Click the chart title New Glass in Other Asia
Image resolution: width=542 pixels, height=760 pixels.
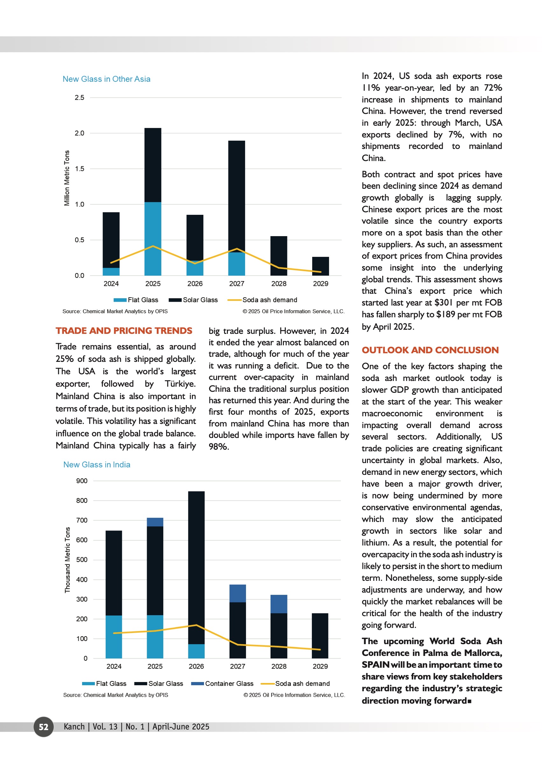(x=107, y=79)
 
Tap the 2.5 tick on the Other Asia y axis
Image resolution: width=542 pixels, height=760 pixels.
(x=80, y=98)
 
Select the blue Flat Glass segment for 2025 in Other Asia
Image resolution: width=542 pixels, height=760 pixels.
(x=153, y=239)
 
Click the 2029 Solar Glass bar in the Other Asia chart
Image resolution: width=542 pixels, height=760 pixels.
(x=320, y=266)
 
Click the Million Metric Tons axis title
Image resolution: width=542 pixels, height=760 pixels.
(x=67, y=178)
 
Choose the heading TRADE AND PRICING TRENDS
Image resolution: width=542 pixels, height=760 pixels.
(x=124, y=331)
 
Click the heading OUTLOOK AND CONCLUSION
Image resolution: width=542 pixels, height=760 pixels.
(x=430, y=350)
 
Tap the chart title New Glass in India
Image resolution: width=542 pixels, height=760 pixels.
(x=97, y=465)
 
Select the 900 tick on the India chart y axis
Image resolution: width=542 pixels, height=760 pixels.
(x=82, y=481)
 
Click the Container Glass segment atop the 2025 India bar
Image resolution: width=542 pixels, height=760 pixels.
(x=155, y=522)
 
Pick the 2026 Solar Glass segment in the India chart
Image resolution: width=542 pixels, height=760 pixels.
(x=196, y=567)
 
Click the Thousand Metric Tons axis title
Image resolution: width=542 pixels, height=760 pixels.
(x=67, y=560)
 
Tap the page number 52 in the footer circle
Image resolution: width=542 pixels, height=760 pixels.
(x=44, y=727)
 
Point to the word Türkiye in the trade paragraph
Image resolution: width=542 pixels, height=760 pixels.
(x=180, y=384)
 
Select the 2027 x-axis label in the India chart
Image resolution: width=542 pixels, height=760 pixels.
(x=237, y=666)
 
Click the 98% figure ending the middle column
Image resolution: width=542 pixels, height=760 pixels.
(x=219, y=447)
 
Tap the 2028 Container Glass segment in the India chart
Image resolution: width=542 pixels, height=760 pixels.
(x=279, y=604)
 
